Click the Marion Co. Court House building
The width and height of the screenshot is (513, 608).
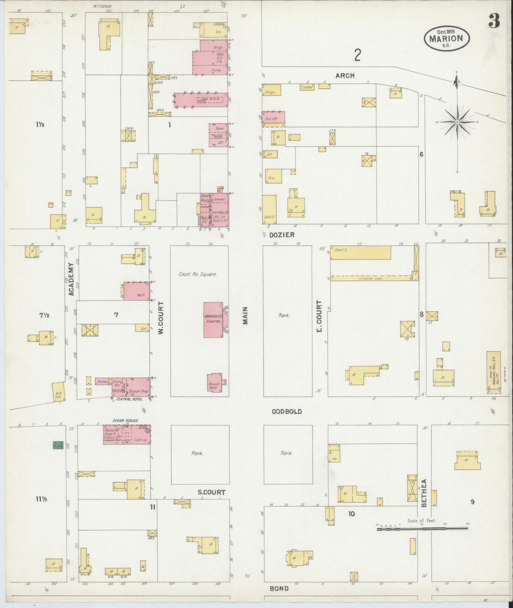(213, 320)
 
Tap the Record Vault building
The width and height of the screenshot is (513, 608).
(215, 382)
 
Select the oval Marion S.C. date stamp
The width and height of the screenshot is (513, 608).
(447, 38)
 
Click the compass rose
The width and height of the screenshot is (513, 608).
(457, 122)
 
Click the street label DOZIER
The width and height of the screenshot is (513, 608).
(282, 235)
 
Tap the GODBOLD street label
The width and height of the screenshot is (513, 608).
(287, 411)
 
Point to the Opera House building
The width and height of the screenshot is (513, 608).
(127, 435)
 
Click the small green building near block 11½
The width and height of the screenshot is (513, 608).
(58, 445)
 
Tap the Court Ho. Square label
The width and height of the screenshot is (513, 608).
(198, 274)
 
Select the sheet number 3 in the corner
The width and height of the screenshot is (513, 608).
(494, 21)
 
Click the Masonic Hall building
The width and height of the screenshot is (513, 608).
(493, 372)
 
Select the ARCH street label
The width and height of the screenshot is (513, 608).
(345, 76)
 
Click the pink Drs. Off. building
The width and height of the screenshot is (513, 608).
(273, 118)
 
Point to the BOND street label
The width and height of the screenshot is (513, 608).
(279, 588)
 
